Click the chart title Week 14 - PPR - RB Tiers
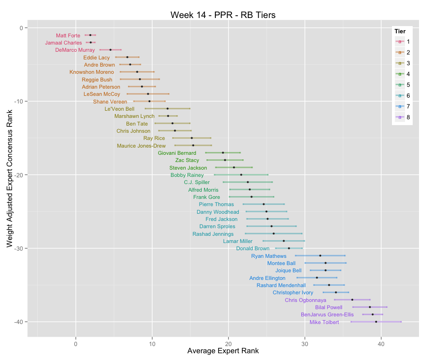(x=223, y=15)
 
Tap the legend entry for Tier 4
(x=402, y=73)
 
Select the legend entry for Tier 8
(x=402, y=117)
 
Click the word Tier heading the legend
(x=400, y=31)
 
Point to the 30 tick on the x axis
(x=305, y=342)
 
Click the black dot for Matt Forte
(x=90, y=35)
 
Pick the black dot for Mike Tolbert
(x=376, y=322)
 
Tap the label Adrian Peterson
(x=101, y=87)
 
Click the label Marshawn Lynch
(x=134, y=116)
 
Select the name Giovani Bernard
(x=177, y=153)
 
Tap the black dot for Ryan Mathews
(x=320, y=256)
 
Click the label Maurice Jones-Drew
(x=141, y=146)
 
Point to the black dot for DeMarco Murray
(x=110, y=50)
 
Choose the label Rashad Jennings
(x=213, y=234)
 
